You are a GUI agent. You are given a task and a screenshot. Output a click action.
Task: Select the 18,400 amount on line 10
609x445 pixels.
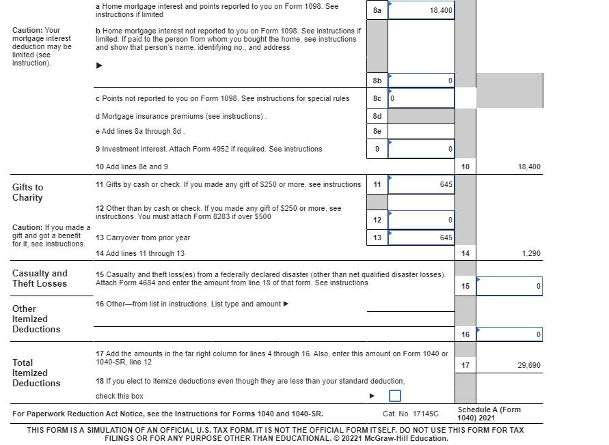[x=528, y=167]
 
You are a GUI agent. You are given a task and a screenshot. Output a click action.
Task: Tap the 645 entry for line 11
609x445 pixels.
[x=446, y=184]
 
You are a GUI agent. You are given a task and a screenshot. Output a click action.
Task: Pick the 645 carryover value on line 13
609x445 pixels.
[x=446, y=238]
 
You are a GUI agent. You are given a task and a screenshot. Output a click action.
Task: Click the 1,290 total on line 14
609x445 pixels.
[x=530, y=253]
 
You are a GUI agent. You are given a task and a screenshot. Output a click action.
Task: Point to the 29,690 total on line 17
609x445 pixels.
[x=528, y=365]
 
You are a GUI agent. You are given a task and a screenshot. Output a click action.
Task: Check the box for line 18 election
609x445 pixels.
[x=395, y=396]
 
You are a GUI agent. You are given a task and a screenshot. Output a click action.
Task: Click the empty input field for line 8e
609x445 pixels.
[x=421, y=131]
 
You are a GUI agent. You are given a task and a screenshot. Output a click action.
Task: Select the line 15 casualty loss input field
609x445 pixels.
[x=509, y=286]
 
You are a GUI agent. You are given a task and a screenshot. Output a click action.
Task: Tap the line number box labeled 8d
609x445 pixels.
[x=377, y=116]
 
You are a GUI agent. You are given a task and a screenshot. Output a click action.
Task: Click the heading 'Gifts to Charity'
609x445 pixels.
[x=27, y=192]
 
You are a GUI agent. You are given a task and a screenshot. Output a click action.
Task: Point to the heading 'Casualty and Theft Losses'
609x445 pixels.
[x=40, y=278]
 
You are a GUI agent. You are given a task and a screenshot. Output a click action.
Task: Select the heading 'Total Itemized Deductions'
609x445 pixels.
[x=36, y=373]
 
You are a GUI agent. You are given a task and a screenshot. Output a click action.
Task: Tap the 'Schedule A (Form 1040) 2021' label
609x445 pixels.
[x=489, y=414]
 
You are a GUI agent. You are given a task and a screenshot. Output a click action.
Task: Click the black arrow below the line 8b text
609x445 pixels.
[x=99, y=66]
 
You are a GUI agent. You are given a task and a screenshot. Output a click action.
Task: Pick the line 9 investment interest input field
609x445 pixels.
[x=421, y=149]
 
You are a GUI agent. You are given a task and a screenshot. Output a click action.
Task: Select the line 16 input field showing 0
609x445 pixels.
[x=509, y=334]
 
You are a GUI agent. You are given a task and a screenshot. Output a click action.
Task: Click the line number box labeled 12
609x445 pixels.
[x=377, y=220]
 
